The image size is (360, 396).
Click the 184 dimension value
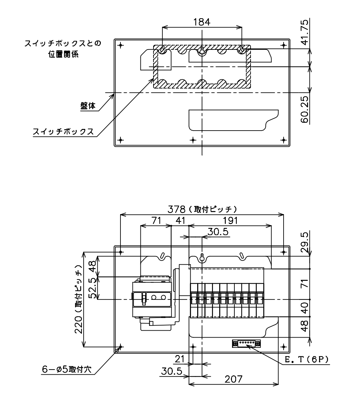click(202, 22)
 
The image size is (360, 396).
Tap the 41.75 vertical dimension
click(305, 32)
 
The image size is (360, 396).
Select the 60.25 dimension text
click(305, 109)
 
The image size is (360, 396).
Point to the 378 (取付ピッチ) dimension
click(202, 209)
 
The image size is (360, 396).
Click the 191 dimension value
click(230, 220)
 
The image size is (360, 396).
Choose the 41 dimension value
click(180, 220)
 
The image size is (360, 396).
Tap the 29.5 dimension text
click(305, 242)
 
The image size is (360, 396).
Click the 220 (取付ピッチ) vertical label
click(79, 299)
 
